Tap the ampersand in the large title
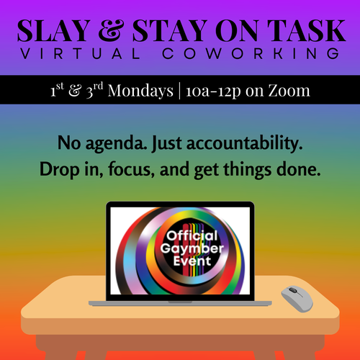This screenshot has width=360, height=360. click(x=111, y=30)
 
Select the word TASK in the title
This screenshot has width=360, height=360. click(x=307, y=30)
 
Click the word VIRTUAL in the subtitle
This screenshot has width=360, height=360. click(x=80, y=53)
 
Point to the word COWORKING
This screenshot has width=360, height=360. click(x=251, y=53)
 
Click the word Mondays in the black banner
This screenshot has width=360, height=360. click(x=140, y=91)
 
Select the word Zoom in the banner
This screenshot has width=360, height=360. click(x=289, y=91)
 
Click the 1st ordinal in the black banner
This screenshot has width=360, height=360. click(x=57, y=90)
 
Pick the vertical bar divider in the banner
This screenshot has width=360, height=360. click(x=179, y=91)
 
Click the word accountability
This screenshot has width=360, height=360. click(x=244, y=144)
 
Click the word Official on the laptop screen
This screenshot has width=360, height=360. click(x=192, y=235)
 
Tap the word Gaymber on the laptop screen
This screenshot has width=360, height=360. click(x=192, y=248)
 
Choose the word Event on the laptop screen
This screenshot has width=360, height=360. click(x=192, y=261)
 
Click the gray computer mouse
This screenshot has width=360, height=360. click(x=297, y=299)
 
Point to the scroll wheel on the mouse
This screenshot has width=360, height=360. click(x=293, y=290)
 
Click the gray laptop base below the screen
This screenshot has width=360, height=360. click(x=180, y=303)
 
